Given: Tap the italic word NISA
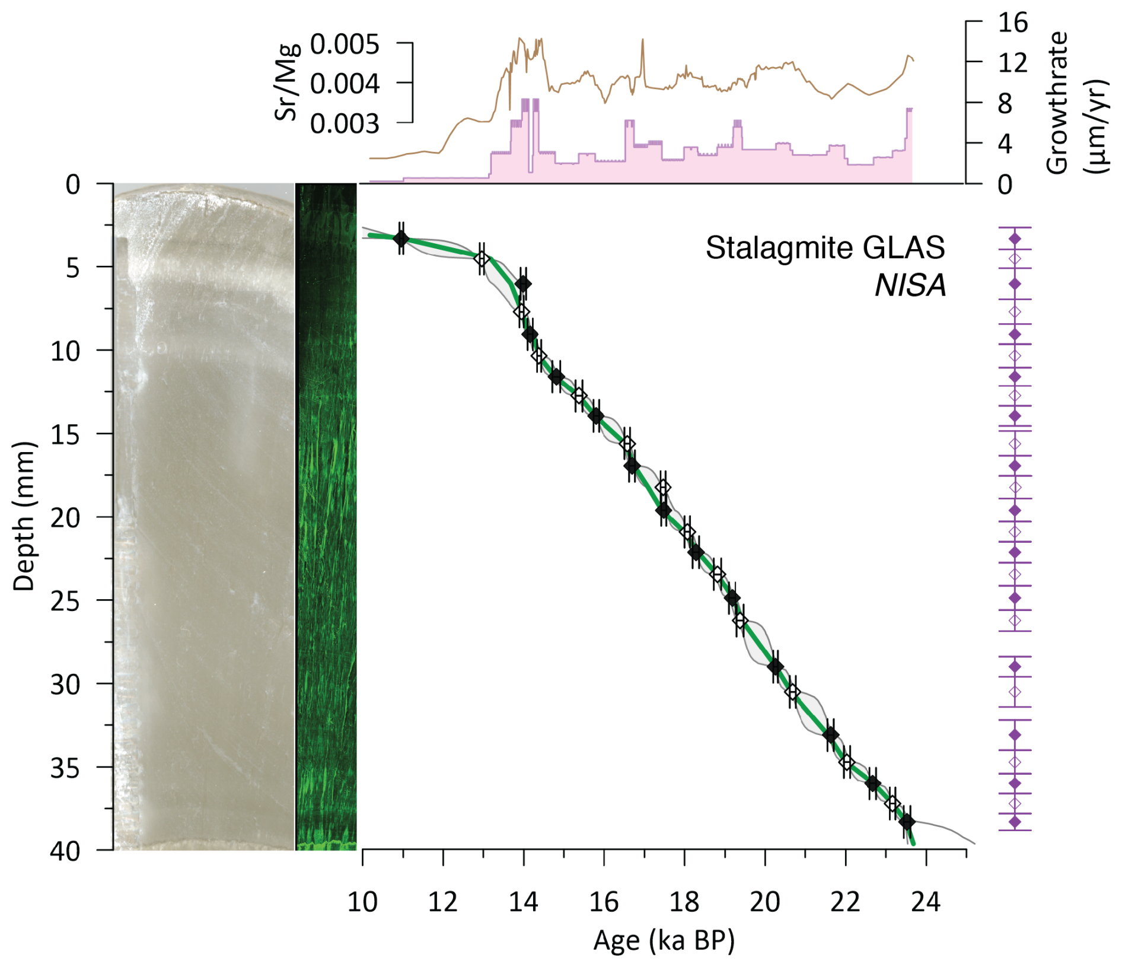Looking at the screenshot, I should (910, 286).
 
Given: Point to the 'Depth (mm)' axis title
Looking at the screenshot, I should (24, 516).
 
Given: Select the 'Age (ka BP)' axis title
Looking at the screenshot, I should (664, 940).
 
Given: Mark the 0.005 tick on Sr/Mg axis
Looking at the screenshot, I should (345, 44).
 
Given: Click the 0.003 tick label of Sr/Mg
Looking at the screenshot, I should (345, 124).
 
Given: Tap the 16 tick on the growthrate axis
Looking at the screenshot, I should (1012, 23).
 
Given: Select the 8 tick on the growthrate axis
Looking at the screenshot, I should (1005, 104).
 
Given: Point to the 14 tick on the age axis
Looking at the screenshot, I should (523, 902).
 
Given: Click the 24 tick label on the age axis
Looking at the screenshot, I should (926, 902).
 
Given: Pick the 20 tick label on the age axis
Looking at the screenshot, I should (764, 902).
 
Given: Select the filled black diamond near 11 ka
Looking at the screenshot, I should (401, 238).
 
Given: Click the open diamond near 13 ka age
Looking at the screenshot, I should (482, 259).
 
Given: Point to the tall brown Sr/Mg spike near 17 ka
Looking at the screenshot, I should (642, 42).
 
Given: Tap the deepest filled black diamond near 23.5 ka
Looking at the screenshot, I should (907, 822).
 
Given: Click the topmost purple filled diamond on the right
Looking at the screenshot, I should (1015, 238).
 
